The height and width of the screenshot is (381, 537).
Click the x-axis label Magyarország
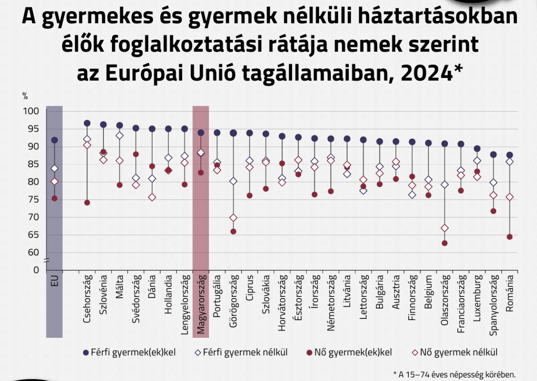201,305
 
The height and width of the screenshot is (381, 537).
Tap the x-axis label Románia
510,293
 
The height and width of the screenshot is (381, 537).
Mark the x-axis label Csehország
87,299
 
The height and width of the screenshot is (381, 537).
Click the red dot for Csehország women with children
87,203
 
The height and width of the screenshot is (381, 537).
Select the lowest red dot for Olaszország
445,243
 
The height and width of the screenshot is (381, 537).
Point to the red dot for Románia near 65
510,237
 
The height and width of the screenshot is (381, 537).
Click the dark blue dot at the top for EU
54,140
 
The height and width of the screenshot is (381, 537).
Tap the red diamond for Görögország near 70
233,218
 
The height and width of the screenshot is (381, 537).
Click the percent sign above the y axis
25,96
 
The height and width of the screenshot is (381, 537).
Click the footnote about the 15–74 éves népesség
454,374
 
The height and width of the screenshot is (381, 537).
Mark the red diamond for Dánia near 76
152,197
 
